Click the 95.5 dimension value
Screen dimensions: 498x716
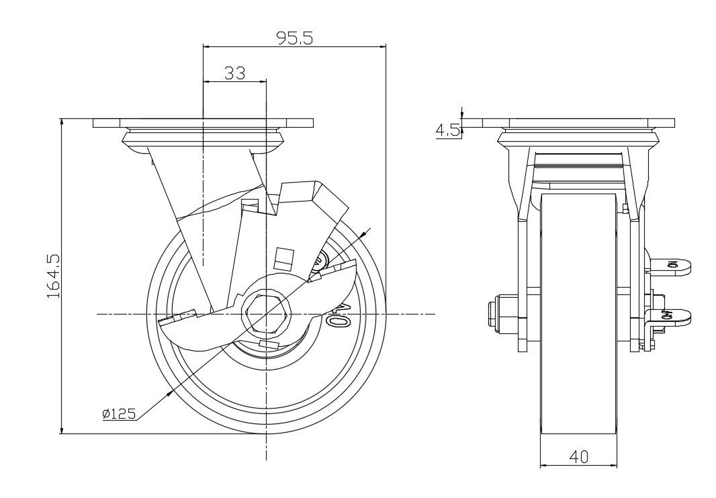pos(295,38)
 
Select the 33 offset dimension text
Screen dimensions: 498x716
pos(234,73)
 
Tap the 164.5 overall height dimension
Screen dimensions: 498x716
pos(54,276)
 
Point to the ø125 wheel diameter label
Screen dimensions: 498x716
pos(120,414)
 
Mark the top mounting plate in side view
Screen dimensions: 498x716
pos(203,123)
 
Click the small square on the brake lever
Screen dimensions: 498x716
pos(285,257)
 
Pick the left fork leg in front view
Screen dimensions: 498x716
pos(523,282)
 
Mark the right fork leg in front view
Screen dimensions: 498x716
pos(635,282)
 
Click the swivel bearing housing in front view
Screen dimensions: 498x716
pos(578,141)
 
